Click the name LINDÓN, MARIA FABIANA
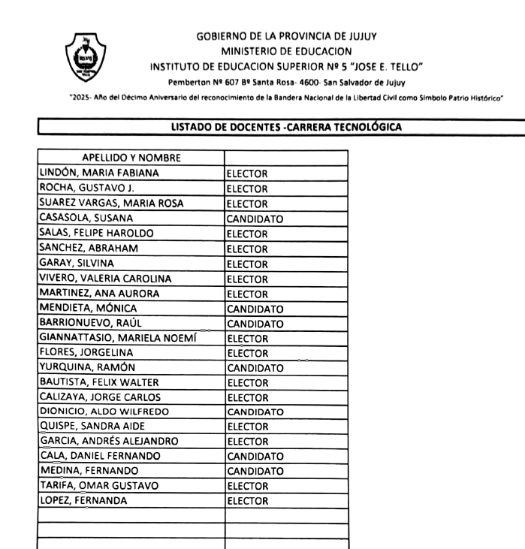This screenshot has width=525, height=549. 98,173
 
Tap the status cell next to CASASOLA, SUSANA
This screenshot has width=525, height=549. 255,219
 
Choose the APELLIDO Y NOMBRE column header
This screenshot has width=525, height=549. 131,158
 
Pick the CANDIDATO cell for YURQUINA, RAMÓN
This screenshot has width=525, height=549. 255,367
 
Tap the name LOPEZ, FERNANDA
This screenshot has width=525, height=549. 83,499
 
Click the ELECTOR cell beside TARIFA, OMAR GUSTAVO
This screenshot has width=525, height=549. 247,485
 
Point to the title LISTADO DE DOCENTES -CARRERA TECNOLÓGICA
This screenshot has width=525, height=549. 285,126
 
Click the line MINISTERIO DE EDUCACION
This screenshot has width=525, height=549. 286,51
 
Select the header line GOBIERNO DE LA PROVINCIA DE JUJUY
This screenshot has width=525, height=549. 286,36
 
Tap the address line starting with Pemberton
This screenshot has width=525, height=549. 286,82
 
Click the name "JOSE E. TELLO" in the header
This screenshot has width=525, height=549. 385,67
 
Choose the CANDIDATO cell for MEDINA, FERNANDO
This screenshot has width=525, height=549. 255,471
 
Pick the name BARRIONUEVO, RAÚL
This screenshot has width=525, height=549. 89,323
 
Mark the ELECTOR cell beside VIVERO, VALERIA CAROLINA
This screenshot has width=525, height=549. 247,279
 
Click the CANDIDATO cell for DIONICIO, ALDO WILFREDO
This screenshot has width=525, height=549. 255,412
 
